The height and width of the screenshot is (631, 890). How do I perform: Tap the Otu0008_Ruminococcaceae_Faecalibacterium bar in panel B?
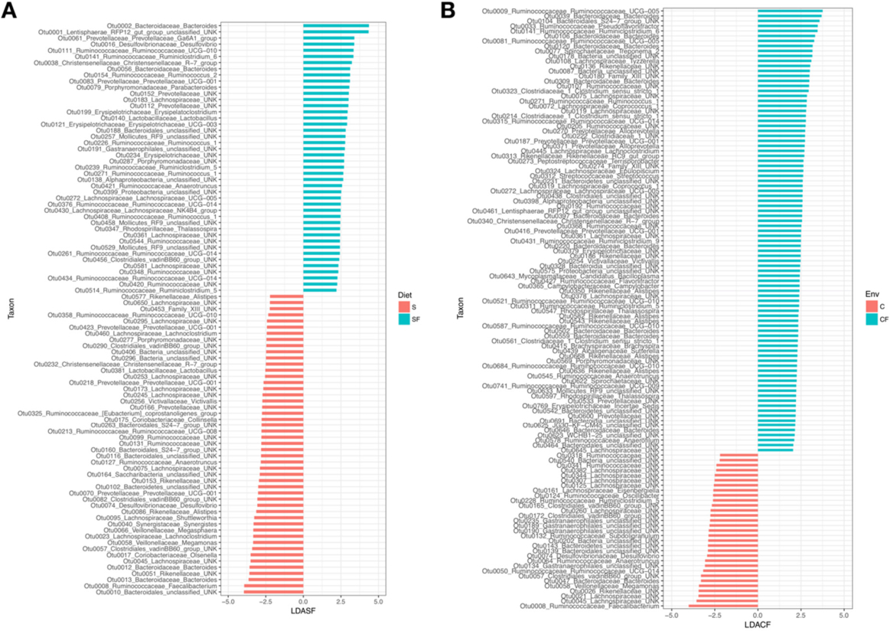pyautogui.click(x=723, y=606)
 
